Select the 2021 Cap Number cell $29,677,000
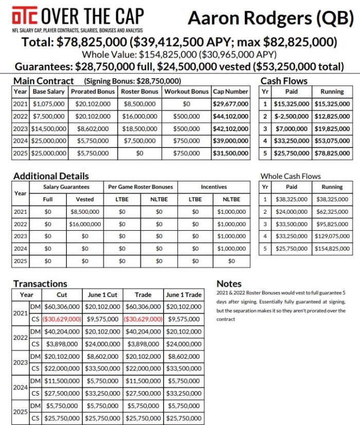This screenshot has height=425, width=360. coord(230,104)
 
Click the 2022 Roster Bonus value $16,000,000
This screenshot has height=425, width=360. coord(140,116)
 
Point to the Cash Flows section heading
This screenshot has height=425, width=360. coord(284,81)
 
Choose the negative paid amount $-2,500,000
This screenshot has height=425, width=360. coord(291,116)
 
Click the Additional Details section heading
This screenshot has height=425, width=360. coord(51,176)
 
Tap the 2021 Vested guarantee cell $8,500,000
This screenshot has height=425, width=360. coord(85,211)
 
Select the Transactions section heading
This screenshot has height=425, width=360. coord(40,283)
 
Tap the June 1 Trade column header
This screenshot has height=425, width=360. coord(183,294)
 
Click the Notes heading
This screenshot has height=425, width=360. coord(229,283)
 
